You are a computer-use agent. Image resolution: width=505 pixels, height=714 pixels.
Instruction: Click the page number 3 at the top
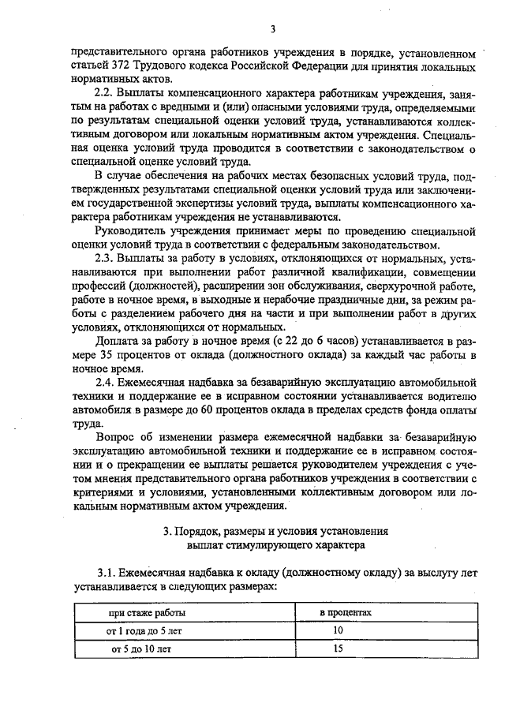coord(272,30)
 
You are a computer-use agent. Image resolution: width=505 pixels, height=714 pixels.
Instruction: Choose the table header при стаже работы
coord(148,612)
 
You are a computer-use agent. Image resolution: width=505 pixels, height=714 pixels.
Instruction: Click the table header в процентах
coord(341,612)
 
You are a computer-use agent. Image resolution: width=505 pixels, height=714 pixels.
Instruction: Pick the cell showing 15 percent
coord(339,649)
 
